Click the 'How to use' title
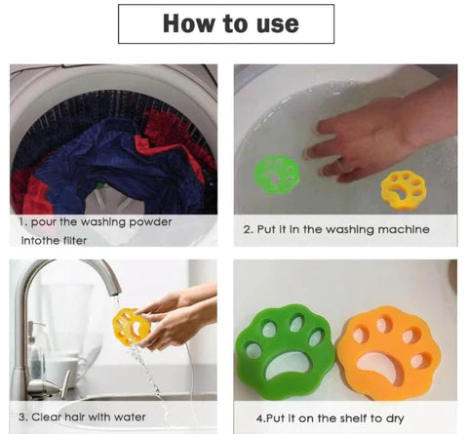pyautogui.click(x=231, y=23)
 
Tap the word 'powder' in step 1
pyautogui.click(x=150, y=222)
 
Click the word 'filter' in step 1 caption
pyautogui.click(x=75, y=241)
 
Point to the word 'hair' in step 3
pyautogui.click(x=75, y=416)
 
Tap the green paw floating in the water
pyautogui.click(x=276, y=175)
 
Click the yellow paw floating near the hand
pyautogui.click(x=402, y=190)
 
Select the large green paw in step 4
pyautogui.click(x=285, y=351)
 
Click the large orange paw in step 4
pyautogui.click(x=388, y=353)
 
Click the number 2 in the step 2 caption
pyautogui.click(x=248, y=230)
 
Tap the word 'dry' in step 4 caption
pyautogui.click(x=395, y=418)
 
